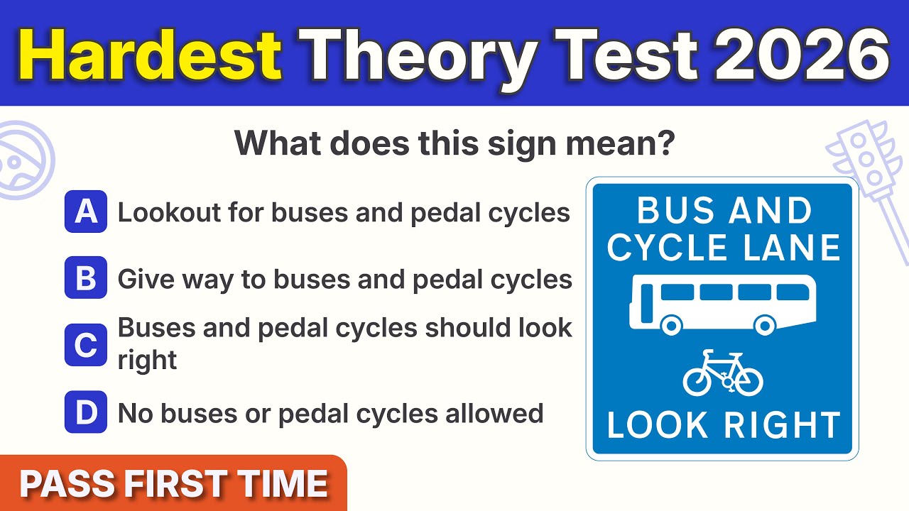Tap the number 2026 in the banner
tap(801, 55)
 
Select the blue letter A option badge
tap(86, 211)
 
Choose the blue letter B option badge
tap(86, 278)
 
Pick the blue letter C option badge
tap(86, 344)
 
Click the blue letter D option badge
tap(86, 412)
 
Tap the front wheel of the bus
tap(764, 325)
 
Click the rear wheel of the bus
tap(670, 325)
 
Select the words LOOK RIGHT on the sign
tap(723, 424)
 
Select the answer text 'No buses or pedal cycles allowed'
tap(330, 412)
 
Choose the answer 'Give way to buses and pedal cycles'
tap(344, 279)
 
